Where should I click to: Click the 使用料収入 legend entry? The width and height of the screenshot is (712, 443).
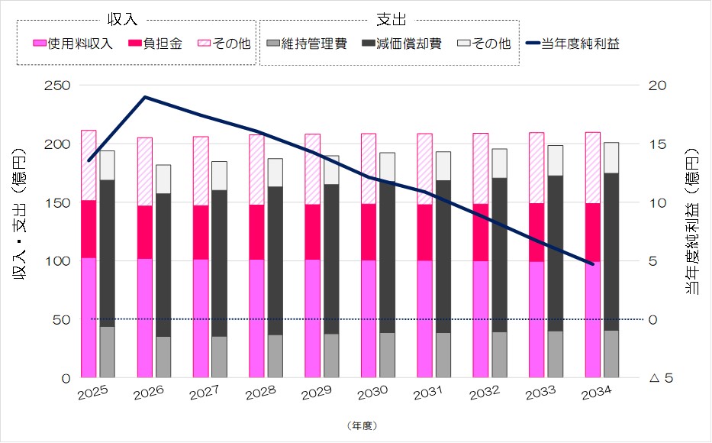(x=72, y=44)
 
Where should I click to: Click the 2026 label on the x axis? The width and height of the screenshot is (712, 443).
(x=150, y=396)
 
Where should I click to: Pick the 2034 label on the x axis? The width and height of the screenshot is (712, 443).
(x=599, y=396)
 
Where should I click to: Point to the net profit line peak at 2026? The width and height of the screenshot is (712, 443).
(x=145, y=97)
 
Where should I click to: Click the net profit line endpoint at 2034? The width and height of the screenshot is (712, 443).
(x=593, y=264)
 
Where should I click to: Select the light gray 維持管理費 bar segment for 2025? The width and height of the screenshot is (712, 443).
(x=107, y=352)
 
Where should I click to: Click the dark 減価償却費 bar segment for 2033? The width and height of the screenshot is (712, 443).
(x=556, y=253)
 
